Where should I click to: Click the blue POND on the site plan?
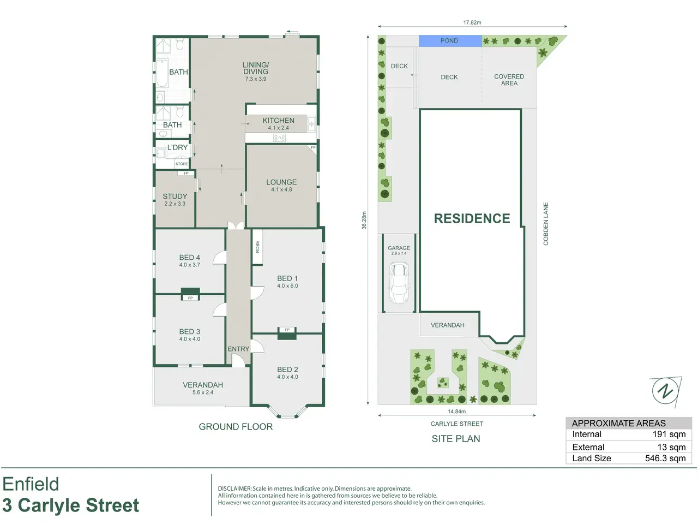pos(450,41)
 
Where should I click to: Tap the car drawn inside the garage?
pos(399,283)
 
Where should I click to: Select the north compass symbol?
pos(666,391)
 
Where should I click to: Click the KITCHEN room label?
pos(278,121)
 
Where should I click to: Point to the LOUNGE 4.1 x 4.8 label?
pos(281,186)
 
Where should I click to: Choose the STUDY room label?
pos(175,196)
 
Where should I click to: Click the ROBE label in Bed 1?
pos(257,247)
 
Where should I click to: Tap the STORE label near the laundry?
pos(182,164)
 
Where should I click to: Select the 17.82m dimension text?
pos(472,22)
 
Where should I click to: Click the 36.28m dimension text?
pos(364,220)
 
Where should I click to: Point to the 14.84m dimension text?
pos(456,412)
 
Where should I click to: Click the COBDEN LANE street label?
pos(546,224)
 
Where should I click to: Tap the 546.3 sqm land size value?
pos(665,458)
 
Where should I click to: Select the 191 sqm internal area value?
pos(669,434)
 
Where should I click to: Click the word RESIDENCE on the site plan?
pos(472,218)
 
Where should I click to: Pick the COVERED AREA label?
pos(509,80)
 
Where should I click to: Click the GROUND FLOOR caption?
pos(236,427)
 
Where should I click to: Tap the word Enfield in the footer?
pos(31,484)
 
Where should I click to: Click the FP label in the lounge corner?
pos(313,147)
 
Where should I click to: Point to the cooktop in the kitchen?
pos(279,138)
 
